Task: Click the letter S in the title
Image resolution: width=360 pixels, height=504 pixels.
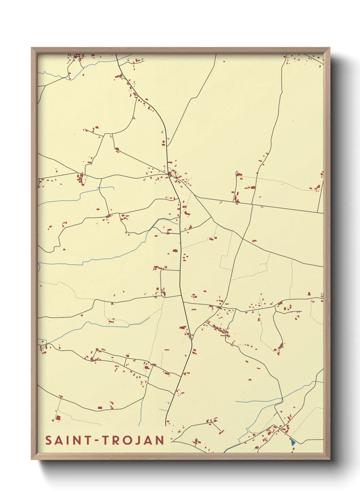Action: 49,440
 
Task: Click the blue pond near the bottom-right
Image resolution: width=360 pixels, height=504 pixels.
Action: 292,442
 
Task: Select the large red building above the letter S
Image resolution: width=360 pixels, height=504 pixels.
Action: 58,418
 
